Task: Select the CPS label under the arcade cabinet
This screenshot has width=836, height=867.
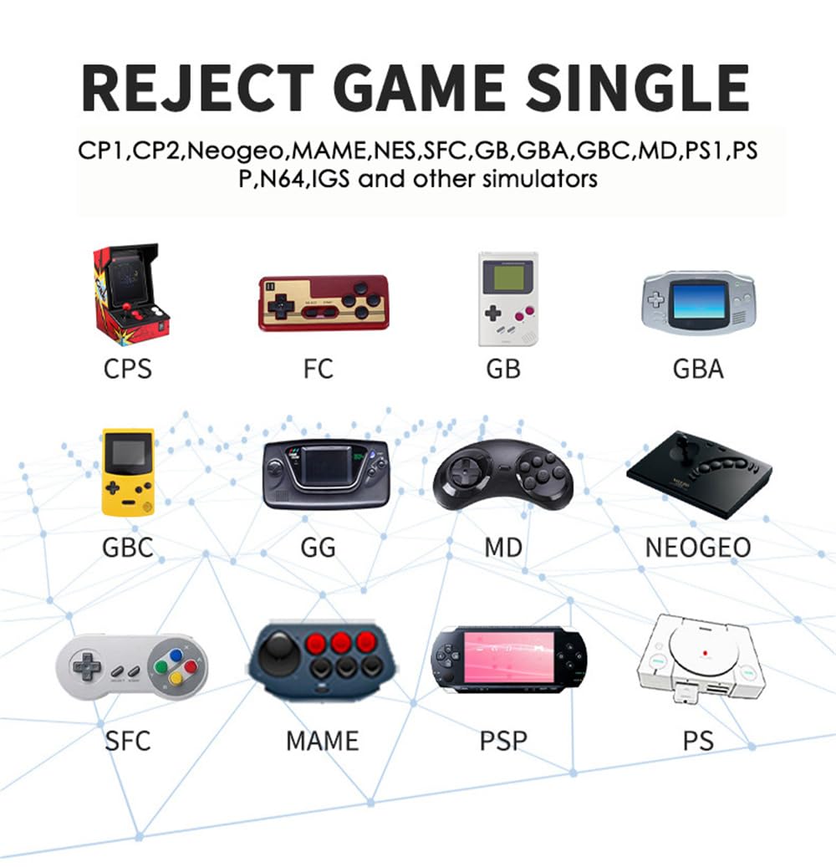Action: (128, 368)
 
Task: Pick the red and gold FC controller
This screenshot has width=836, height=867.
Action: (323, 303)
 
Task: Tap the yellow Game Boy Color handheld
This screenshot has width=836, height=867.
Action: (128, 472)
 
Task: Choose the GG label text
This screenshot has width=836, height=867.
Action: (318, 548)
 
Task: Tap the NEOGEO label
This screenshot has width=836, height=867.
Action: (697, 548)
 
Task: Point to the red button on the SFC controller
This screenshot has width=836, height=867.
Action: (190, 666)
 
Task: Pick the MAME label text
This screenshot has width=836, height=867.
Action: (322, 740)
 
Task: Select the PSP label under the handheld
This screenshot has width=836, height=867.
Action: (502, 740)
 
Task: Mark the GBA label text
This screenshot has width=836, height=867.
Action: (698, 368)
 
